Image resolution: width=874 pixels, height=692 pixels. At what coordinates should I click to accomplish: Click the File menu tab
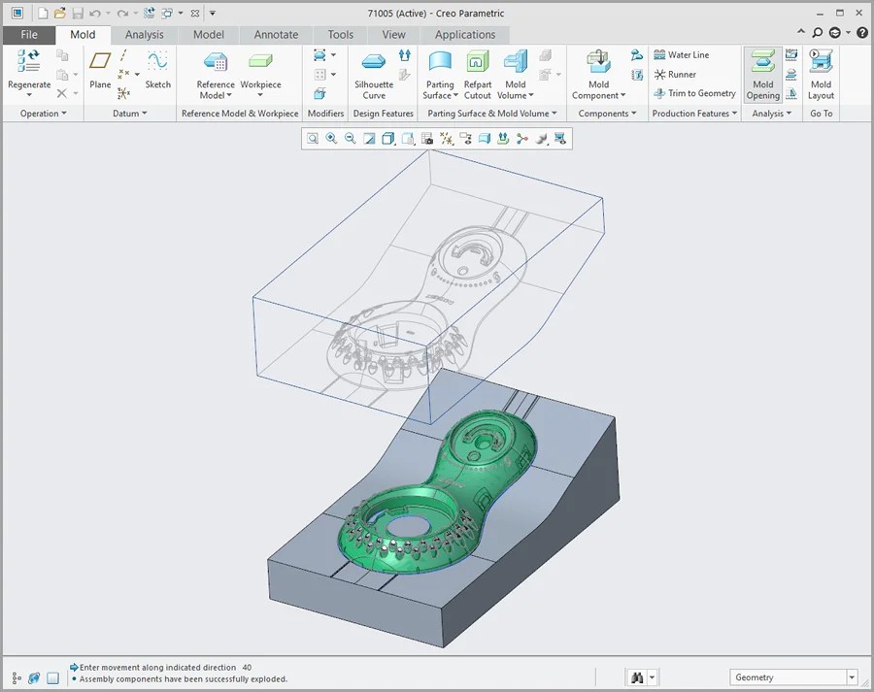29,35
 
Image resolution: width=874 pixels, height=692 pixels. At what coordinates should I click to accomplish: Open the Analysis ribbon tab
145,35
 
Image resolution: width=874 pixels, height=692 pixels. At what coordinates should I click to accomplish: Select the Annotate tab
276,35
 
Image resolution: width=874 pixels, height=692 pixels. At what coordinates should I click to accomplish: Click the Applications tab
465,35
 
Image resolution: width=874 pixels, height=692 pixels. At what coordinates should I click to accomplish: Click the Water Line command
688,55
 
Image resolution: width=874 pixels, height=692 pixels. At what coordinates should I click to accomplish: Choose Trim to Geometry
701,94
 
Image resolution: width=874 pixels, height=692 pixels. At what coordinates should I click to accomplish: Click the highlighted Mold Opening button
763,74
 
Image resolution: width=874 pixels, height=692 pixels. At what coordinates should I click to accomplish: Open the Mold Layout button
821,74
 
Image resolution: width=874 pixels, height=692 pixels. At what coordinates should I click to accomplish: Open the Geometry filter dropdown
851,677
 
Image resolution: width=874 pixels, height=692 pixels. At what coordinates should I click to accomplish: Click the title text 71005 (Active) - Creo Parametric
436,14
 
